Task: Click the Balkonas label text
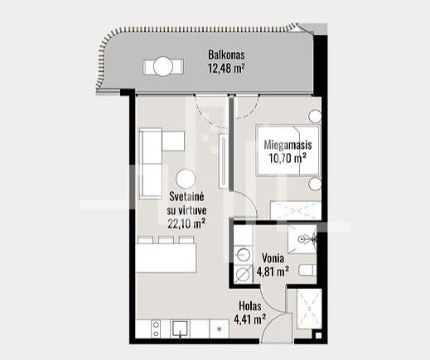click(226, 55)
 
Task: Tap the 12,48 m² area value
click(226, 68)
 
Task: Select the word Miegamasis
click(287, 145)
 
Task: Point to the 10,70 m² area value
click(287, 158)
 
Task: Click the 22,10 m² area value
click(186, 223)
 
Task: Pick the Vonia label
click(273, 258)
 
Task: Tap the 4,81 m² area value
click(273, 271)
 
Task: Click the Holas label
click(250, 306)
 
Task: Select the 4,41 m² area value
click(250, 319)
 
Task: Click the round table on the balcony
click(163, 66)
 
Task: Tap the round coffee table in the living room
click(186, 179)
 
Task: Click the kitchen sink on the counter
click(180, 329)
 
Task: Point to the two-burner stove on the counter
click(156, 329)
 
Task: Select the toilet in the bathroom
click(307, 270)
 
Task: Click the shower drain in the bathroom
click(302, 239)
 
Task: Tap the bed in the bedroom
click(287, 151)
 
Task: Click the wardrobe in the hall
click(309, 309)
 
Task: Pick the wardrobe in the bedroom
click(295, 210)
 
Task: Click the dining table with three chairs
click(166, 254)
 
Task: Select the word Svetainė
click(186, 197)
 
